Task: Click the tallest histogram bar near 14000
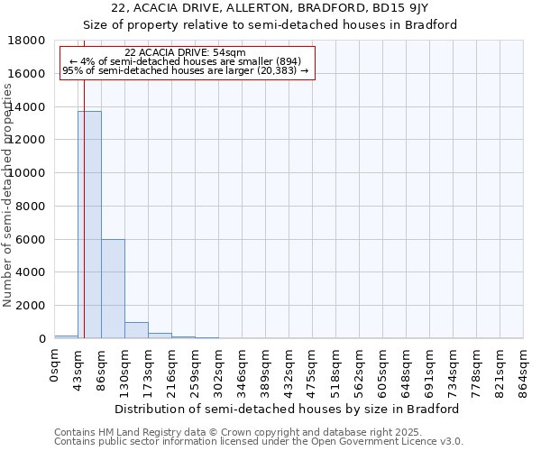click(89, 225)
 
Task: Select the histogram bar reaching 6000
click(113, 289)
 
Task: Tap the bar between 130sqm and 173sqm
click(136, 330)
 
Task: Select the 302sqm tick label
click(218, 367)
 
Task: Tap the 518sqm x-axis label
click(335, 367)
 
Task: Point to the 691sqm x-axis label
click(429, 367)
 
